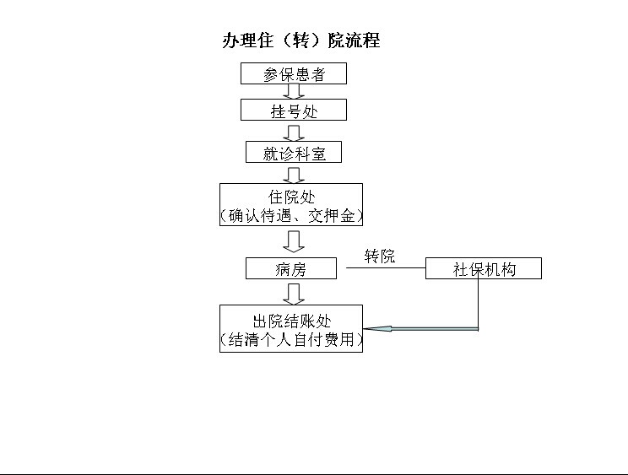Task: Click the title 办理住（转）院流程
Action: [x=301, y=40]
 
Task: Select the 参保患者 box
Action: [x=294, y=73]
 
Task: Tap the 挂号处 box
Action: [x=294, y=110]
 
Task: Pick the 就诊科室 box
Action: [x=294, y=152]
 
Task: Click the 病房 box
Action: [x=291, y=268]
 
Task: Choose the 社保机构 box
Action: [x=484, y=268]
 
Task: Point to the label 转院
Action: [x=380, y=256]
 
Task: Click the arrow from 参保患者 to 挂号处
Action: [x=294, y=92]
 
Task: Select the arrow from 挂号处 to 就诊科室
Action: [x=294, y=133]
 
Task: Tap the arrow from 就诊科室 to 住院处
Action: [x=294, y=175]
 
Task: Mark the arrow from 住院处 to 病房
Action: [x=294, y=241]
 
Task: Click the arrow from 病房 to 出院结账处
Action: [x=294, y=294]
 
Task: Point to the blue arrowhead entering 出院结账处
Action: [x=377, y=329]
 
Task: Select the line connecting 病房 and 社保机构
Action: [x=386, y=267]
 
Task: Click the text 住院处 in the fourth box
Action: [x=291, y=197]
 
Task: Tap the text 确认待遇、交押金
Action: [x=291, y=216]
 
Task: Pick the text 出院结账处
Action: [x=291, y=321]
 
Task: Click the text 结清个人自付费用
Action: [x=291, y=340]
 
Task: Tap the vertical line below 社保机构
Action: [x=479, y=304]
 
